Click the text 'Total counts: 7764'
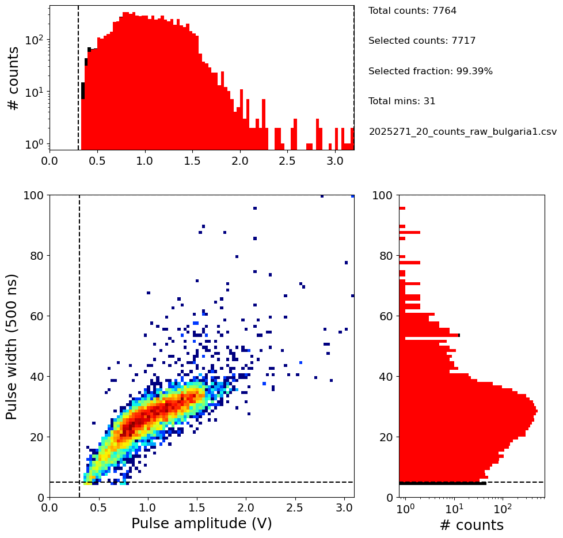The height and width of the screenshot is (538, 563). pos(412,11)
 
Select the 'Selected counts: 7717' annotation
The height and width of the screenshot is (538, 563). pos(422,41)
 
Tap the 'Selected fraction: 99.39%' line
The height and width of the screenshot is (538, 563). pos(431,71)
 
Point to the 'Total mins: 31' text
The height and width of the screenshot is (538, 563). pos(402,101)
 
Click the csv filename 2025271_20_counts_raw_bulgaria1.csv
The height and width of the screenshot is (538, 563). pos(463,132)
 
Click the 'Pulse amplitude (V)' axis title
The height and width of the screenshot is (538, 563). pos(201,524)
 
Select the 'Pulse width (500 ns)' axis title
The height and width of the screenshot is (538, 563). pos(12,347)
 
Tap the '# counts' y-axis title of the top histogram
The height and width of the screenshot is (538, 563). pos(13,78)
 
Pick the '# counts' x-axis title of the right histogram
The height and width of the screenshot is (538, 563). pos(471,525)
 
